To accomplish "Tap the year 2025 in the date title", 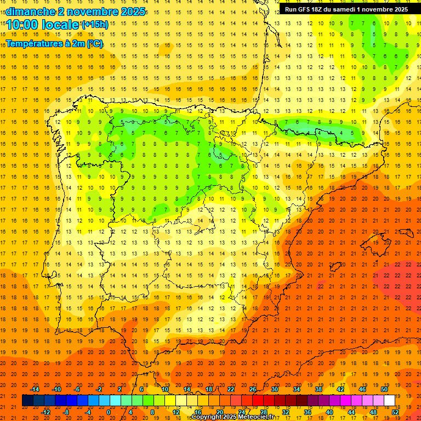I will point(130,11).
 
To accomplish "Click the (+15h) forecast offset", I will point(95,24).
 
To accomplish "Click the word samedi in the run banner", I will point(350,9).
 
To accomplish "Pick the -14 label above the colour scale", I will point(35,389).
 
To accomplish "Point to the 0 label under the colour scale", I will point(109,412).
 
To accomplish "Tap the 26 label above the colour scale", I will point(253,389).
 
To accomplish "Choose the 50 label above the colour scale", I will point(384,389).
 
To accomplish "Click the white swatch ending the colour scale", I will point(389,401).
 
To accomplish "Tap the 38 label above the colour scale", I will point(318,389).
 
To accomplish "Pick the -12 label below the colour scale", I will point(45,412).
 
